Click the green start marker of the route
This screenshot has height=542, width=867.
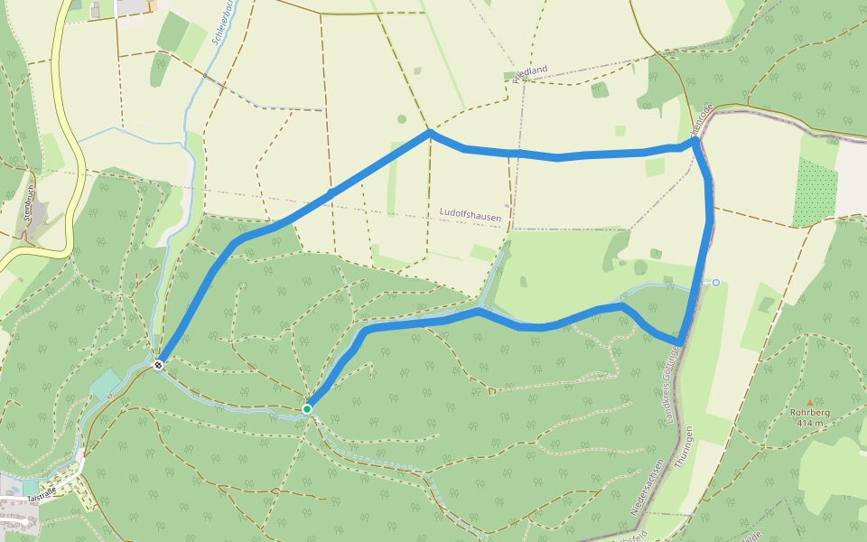pos(307,409)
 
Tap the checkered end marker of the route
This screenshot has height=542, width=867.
pos(158,365)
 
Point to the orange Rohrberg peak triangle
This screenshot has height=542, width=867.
pos(810,403)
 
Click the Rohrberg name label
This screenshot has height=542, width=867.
pos(809,414)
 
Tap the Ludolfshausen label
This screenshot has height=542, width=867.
pos(470,213)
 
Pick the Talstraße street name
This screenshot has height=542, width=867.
pos(42,491)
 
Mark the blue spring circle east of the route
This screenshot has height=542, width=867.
pos(716,283)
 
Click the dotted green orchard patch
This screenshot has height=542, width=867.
pos(815,192)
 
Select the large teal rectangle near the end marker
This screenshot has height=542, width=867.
pos(105,385)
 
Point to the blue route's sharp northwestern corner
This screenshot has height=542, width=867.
pos(430,132)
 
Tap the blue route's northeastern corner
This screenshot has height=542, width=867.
pos(694,142)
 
